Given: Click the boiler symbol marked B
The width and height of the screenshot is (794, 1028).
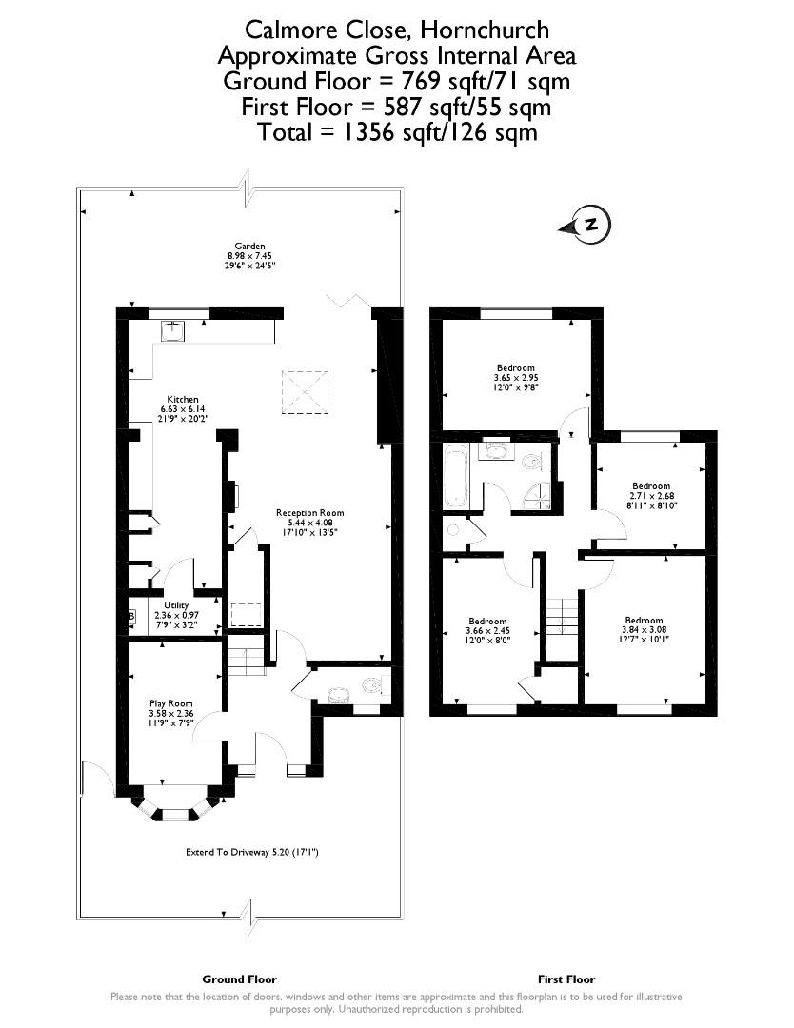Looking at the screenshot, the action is coord(131,616).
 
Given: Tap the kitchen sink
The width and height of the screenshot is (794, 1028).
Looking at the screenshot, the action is coord(174,332).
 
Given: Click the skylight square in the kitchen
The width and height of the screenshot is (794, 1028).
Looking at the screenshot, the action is coord(305,392).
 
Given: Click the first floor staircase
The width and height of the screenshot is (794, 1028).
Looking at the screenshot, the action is coord(563,616).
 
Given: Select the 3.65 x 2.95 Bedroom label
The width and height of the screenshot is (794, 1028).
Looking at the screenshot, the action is coord(516,378).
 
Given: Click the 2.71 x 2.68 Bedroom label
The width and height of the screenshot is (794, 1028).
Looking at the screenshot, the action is coord(651,496).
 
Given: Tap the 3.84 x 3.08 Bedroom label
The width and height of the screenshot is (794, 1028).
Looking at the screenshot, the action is coord(644,629).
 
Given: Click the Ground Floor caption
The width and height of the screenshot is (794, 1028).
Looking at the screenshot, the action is coord(239,979).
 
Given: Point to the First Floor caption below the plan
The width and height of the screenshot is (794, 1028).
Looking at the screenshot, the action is coord(566,979).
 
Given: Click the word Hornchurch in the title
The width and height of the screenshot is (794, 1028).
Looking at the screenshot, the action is coord(485,30).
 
